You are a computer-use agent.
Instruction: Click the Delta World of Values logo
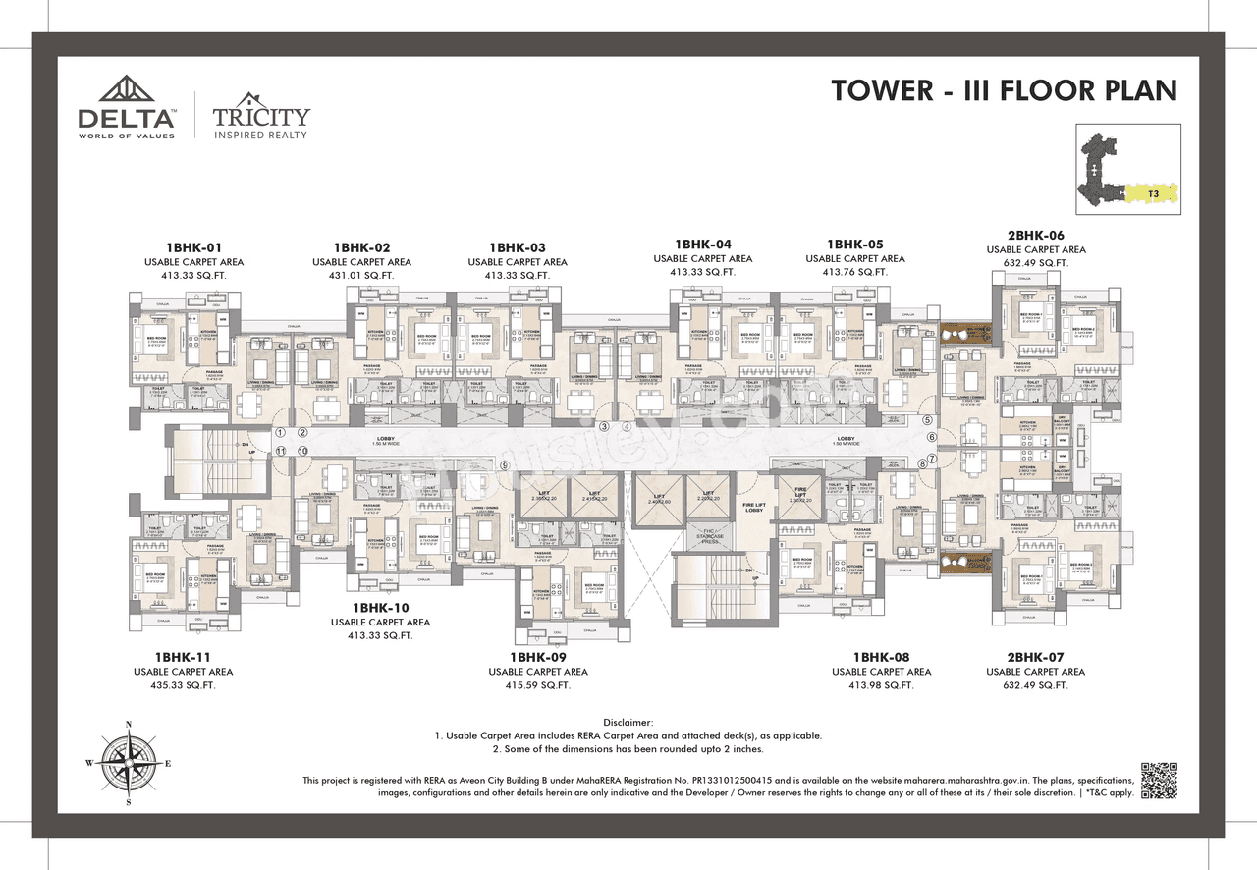point(127,107)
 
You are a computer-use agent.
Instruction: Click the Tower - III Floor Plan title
point(1004,90)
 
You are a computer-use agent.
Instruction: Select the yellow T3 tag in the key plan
point(1154,194)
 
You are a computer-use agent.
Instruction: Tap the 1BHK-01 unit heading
point(193,247)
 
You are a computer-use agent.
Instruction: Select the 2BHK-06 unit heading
point(1035,236)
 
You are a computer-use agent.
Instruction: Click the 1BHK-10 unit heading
point(380,608)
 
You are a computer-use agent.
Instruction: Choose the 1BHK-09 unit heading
point(537,657)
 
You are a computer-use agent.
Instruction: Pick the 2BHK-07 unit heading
point(1035,657)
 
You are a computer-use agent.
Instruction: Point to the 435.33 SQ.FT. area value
point(184,685)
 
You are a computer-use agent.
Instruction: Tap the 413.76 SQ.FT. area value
point(854,273)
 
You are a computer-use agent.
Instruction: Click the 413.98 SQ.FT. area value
point(881,685)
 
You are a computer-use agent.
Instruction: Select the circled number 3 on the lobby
point(604,426)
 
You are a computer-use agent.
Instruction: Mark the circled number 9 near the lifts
point(505,466)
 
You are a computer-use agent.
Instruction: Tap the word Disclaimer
point(628,722)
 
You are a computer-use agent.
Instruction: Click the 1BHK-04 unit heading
point(702,244)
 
